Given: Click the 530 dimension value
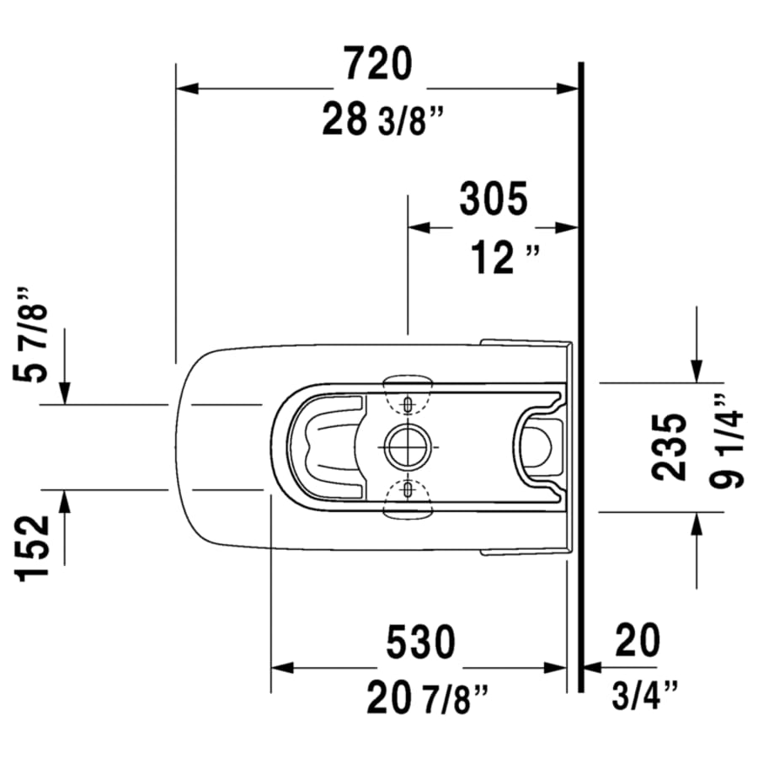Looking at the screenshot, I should point(420,643).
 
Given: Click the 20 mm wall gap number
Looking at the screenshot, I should point(637,642).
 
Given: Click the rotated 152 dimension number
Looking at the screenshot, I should point(35,547).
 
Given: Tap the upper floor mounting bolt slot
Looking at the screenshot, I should point(408,404).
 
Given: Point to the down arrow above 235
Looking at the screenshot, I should point(697,371).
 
